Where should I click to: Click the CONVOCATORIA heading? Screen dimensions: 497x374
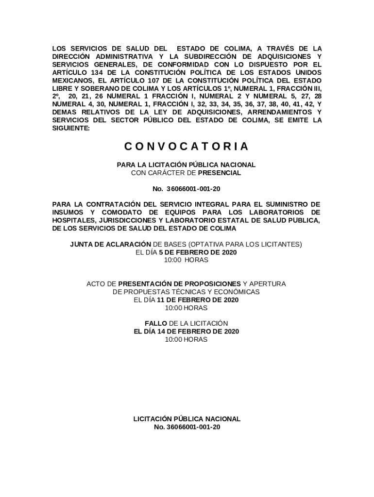click(187, 146)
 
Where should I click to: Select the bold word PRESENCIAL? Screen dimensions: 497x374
click(220, 173)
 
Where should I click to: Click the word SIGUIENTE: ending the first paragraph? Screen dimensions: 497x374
click(71, 128)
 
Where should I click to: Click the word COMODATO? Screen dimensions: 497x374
click(123, 212)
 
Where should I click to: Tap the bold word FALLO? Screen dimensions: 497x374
click(155, 323)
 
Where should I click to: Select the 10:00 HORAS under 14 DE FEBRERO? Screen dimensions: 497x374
click(186, 339)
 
